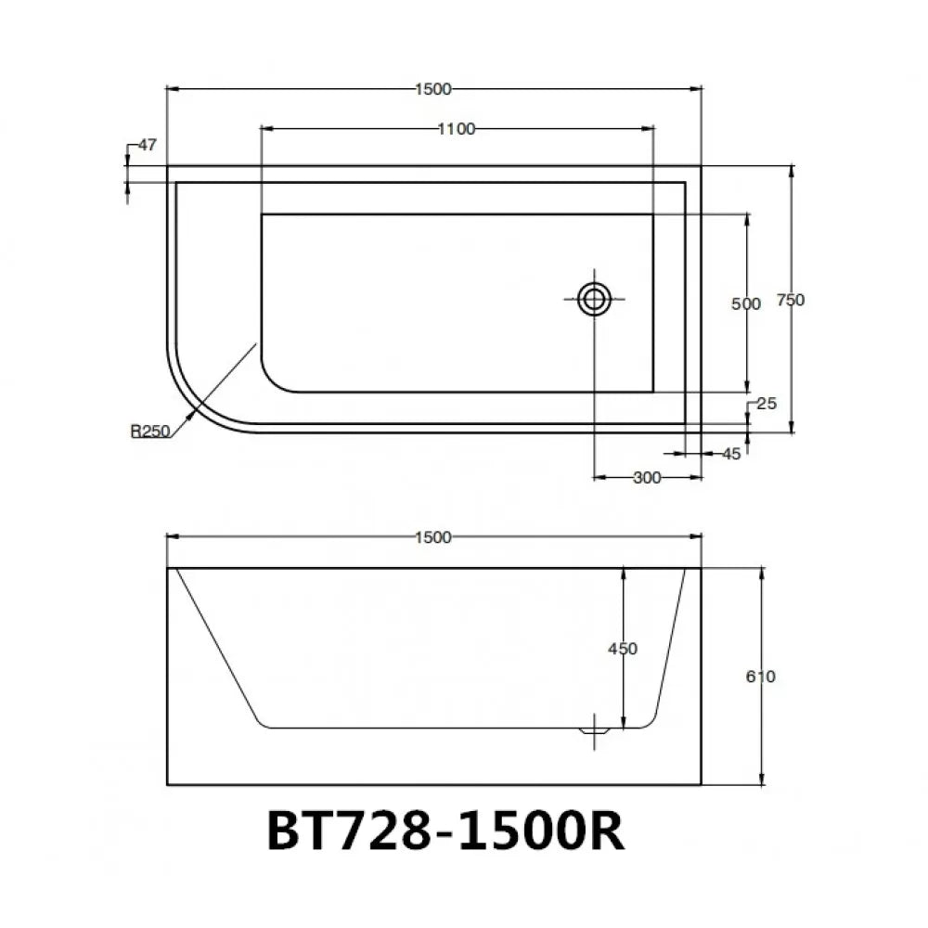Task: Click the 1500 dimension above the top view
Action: click(x=433, y=89)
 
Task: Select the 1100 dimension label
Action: click(x=457, y=129)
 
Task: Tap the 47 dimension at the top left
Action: click(x=147, y=145)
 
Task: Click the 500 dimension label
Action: click(x=745, y=303)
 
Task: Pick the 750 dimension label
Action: click(x=790, y=300)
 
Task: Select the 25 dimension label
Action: click(x=766, y=404)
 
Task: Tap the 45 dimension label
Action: click(x=730, y=454)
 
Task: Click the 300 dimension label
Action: click(x=646, y=478)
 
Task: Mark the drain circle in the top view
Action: click(x=594, y=299)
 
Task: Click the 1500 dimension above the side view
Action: click(x=433, y=537)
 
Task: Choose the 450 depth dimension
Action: click(x=624, y=649)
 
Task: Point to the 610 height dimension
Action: click(x=760, y=677)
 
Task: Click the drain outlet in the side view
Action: click(x=594, y=730)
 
